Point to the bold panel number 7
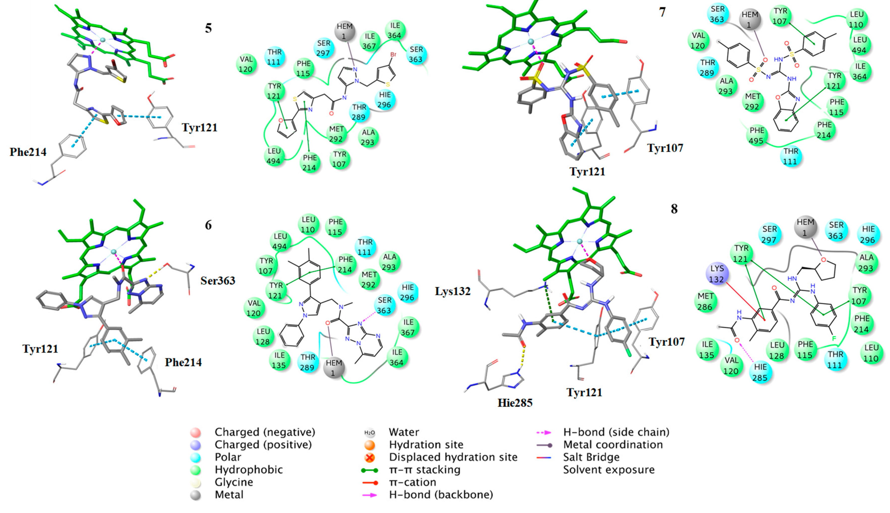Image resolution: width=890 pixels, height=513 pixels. pos(662,12)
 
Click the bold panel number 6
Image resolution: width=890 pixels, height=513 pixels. pos(208,225)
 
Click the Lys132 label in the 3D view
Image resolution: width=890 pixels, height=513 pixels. pos(453,291)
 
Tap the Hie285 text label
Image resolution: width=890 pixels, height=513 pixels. pos(515,403)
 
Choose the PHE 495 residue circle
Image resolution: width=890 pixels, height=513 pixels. pos(757,136)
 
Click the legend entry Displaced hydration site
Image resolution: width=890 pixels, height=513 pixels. pos(453,457)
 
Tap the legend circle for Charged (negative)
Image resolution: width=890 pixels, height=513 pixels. pos(195,432)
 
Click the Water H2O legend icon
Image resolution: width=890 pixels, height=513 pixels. pos(369,432)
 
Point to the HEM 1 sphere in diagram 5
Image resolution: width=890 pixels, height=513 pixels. pos(344,31)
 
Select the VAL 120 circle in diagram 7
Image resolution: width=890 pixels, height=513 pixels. pos(698,41)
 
